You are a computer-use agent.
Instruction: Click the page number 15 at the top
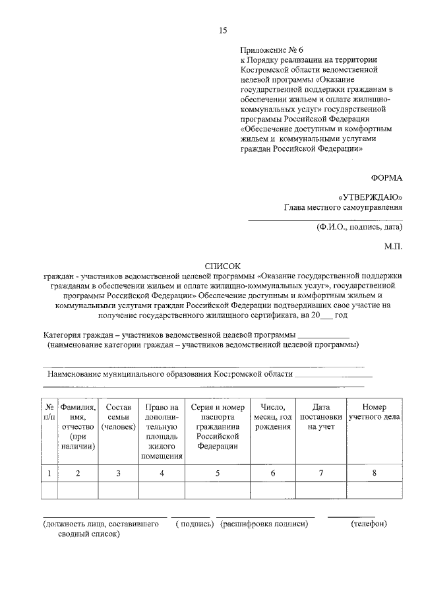(x=222, y=30)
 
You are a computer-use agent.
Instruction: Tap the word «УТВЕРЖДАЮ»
(x=370, y=197)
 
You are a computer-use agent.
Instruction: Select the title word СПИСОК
(x=222, y=265)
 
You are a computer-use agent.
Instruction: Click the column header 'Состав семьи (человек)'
(x=118, y=417)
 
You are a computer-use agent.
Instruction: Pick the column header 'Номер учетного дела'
(x=375, y=412)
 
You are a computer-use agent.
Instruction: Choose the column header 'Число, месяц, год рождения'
(x=272, y=417)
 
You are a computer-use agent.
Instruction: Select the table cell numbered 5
(x=218, y=473)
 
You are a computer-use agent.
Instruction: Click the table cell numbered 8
(x=375, y=473)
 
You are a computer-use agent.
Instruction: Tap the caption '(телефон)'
(x=369, y=524)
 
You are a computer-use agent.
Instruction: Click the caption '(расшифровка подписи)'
(x=264, y=524)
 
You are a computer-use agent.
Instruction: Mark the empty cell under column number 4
(x=162, y=491)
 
